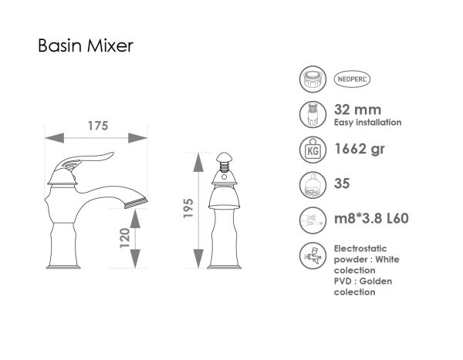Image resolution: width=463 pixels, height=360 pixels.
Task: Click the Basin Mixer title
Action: click(86, 45)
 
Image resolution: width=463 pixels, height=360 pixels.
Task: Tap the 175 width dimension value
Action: click(98, 126)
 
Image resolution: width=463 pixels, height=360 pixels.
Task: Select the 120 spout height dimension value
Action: click(125, 238)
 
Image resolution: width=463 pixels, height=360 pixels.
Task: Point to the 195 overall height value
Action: click(188, 208)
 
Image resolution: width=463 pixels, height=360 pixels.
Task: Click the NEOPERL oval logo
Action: click(352, 79)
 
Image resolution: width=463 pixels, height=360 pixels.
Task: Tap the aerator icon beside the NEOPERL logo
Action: click(313, 79)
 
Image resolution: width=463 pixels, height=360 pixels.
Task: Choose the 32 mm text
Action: click(357, 109)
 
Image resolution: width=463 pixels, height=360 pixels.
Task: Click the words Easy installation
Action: click(367, 122)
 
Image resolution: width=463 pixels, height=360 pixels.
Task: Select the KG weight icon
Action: click(313, 150)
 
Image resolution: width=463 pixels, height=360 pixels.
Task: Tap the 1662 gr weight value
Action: click(360, 149)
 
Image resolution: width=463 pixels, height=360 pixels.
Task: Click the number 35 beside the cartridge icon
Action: click(342, 183)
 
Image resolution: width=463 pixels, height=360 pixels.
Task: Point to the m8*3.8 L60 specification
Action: click(371, 218)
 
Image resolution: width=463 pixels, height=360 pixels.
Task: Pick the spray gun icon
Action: click(313, 255)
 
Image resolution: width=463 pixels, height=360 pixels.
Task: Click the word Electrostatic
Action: click(360, 248)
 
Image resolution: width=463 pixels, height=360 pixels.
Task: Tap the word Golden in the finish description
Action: click(376, 281)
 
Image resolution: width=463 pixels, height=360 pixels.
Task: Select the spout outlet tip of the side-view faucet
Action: click(136, 204)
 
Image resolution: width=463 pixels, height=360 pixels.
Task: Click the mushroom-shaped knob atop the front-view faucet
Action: click(225, 157)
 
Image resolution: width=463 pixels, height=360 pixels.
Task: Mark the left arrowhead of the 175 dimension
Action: click(54, 138)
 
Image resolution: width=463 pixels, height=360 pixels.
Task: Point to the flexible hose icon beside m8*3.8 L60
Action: click(313, 220)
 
